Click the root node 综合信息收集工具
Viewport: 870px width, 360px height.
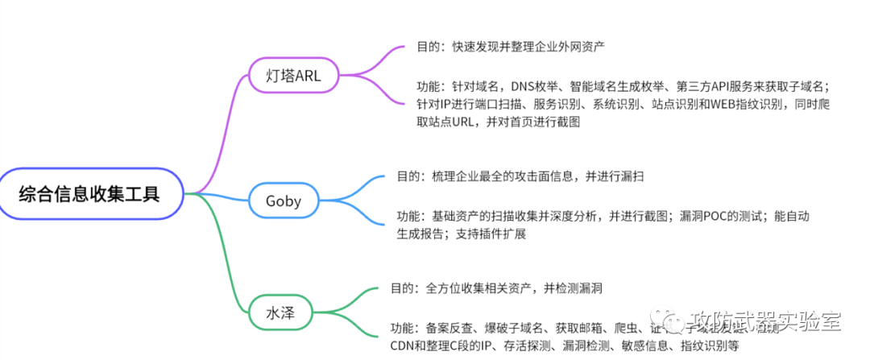90,193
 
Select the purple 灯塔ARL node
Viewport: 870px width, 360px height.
293,77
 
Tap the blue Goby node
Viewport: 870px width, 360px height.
284,201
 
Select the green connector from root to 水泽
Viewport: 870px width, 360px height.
226,258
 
